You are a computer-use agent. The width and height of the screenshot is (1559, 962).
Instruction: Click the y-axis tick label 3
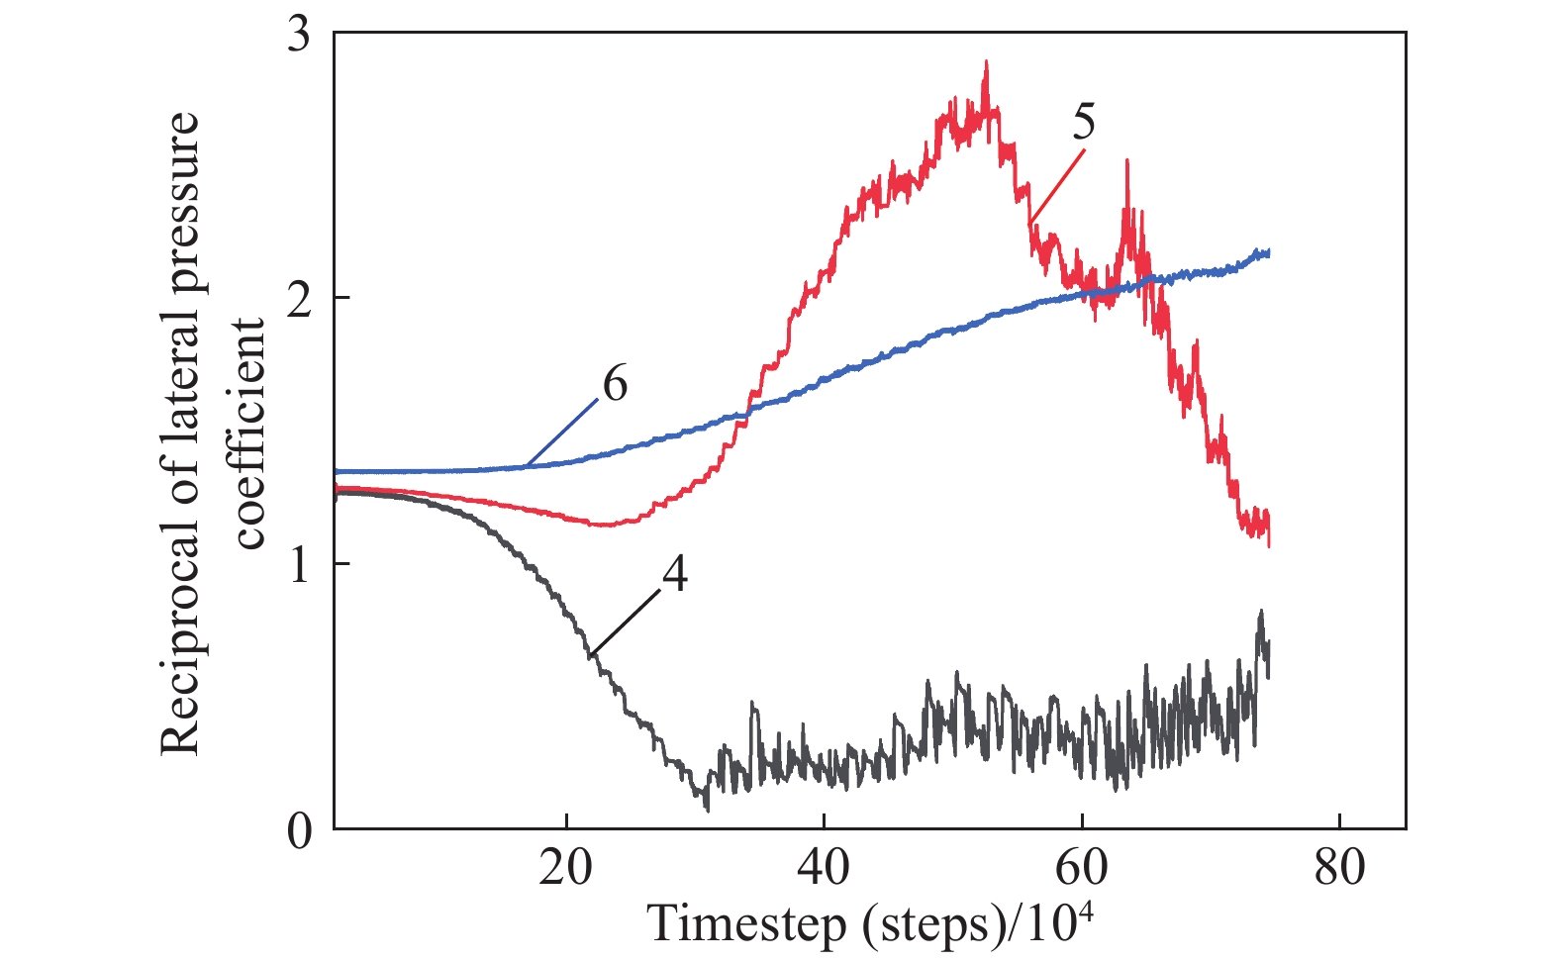click(298, 36)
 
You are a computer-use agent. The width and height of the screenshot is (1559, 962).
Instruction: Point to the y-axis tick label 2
click(298, 300)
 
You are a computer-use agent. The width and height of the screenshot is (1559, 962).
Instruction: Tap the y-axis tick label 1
click(298, 565)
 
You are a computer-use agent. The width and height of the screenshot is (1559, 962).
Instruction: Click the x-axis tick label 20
click(565, 868)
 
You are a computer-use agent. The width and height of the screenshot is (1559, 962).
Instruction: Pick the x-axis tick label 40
click(824, 868)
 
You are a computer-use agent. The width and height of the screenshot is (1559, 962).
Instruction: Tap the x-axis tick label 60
click(1081, 868)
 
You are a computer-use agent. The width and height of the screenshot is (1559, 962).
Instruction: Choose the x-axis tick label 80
click(1339, 868)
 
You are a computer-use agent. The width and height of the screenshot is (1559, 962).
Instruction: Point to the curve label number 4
click(674, 574)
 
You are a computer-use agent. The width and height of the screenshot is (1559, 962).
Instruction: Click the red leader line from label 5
click(1057, 186)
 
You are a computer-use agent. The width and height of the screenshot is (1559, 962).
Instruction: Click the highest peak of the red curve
click(986, 62)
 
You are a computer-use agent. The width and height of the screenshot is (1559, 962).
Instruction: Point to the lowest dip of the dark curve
click(707, 810)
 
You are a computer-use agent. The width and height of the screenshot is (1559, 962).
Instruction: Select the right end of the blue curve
click(1268, 253)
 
